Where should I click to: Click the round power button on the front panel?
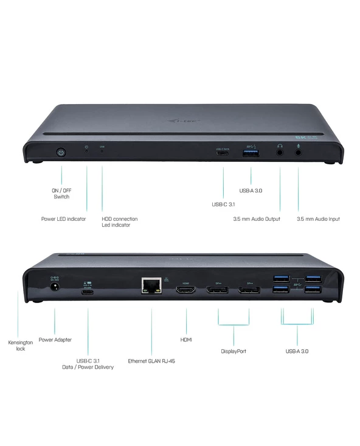click(61, 152)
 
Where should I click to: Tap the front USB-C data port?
click(224, 152)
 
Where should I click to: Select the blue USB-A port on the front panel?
click(251, 152)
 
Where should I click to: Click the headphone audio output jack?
click(280, 152)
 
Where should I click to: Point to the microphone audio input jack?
click(299, 152)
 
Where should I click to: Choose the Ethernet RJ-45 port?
click(150, 287)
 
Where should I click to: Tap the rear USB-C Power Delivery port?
click(88, 290)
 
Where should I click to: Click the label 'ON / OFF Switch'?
click(61, 193)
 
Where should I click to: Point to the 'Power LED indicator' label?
click(63, 219)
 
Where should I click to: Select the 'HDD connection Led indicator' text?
click(119, 222)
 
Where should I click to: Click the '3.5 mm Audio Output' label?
click(257, 219)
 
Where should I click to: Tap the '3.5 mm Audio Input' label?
click(318, 219)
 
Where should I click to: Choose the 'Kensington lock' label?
click(16, 345)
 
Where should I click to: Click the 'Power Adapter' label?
click(54, 340)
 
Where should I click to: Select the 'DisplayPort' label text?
click(234, 351)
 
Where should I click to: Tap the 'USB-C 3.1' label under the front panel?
click(223, 204)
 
